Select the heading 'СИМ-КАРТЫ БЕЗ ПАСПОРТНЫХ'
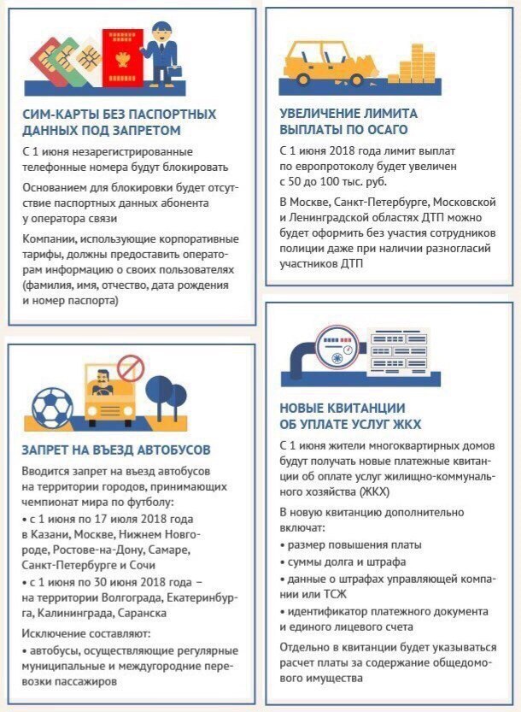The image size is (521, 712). tap(119, 114)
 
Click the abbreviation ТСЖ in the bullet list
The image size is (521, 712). tap(327, 594)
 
